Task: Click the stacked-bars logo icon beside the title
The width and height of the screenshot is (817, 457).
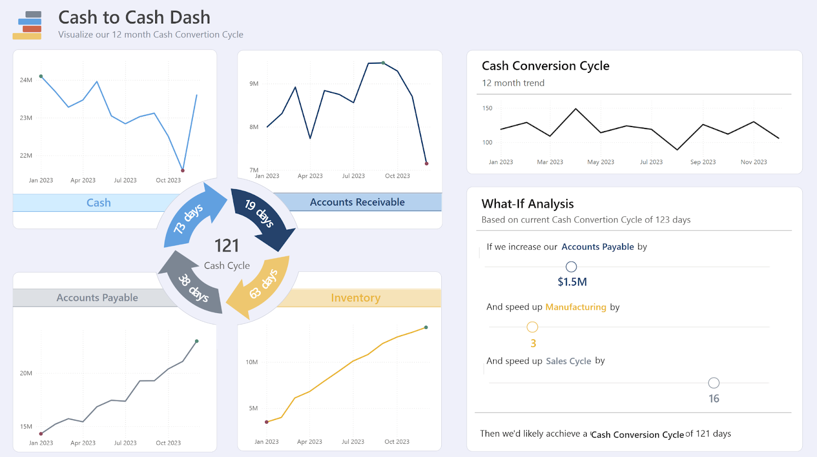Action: pos(28,25)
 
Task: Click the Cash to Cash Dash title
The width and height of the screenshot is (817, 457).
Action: pos(134,17)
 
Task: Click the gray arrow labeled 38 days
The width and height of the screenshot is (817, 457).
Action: pos(191,285)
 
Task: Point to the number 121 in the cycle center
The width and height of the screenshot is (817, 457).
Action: pos(227,246)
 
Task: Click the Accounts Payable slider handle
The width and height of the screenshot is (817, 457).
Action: pos(571,267)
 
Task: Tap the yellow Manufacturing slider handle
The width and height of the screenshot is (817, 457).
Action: pos(532,327)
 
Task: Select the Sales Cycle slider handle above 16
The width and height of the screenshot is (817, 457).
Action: pos(714,383)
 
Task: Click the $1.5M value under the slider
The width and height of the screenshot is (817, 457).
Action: pos(572,282)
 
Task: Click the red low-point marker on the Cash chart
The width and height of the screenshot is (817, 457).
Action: pos(183,170)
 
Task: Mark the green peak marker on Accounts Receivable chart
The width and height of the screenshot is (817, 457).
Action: pos(383,63)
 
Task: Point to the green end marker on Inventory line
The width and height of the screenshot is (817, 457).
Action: pos(426,327)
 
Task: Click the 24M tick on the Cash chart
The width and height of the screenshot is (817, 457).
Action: pos(26,80)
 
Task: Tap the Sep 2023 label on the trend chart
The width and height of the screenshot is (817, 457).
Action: pos(703,162)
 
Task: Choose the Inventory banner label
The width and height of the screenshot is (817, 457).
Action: pos(355,298)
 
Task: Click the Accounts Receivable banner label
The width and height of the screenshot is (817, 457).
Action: pos(357,202)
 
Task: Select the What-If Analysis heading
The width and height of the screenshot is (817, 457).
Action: pos(527,204)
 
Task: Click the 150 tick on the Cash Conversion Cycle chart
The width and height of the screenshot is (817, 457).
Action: pos(487,108)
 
